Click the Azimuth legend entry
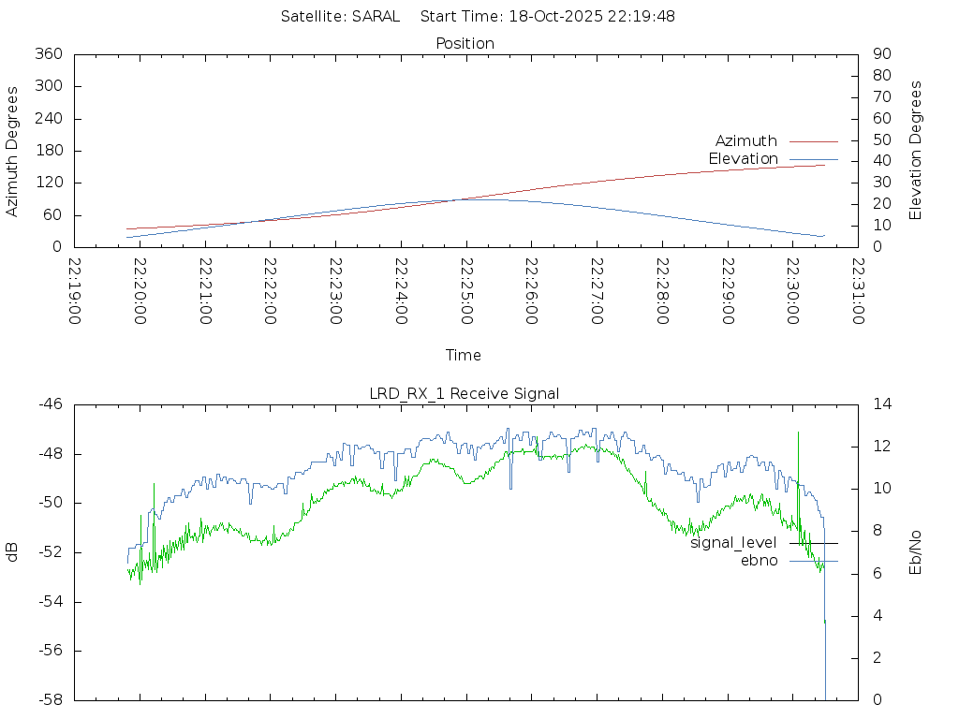pyautogui.click(x=746, y=141)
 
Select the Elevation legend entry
pyautogui.click(x=743, y=159)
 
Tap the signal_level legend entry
pyautogui.click(x=733, y=543)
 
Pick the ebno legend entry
pyautogui.click(x=759, y=561)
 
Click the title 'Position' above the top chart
pyautogui.click(x=465, y=44)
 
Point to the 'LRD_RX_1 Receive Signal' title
pyautogui.click(x=465, y=394)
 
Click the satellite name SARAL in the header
pyautogui.click(x=376, y=17)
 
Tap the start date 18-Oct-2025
pyautogui.click(x=555, y=17)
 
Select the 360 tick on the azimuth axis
pyautogui.click(x=48, y=54)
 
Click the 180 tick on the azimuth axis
pyautogui.click(x=48, y=151)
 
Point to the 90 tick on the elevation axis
pyautogui.click(x=880, y=54)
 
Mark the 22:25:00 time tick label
pyautogui.click(x=465, y=291)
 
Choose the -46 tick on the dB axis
pyautogui.click(x=50, y=404)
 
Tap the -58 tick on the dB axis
pyautogui.click(x=50, y=700)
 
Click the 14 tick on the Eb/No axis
pyautogui.click(x=882, y=404)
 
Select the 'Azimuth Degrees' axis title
pyautogui.click(x=13, y=151)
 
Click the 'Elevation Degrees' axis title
pyautogui.click(x=916, y=151)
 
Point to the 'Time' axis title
pyautogui.click(x=464, y=356)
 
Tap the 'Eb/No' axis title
pyautogui.click(x=916, y=552)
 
